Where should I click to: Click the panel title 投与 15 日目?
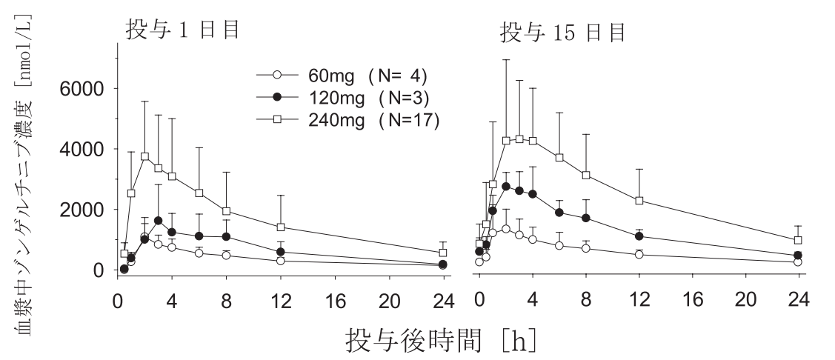click(562, 32)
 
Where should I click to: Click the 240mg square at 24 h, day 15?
click(798, 240)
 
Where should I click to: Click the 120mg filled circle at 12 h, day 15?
click(638, 236)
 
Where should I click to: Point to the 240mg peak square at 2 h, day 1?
click(144, 156)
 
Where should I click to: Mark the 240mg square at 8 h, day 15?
click(585, 175)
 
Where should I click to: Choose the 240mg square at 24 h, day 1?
click(442, 253)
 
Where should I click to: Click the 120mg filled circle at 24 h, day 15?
click(798, 256)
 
